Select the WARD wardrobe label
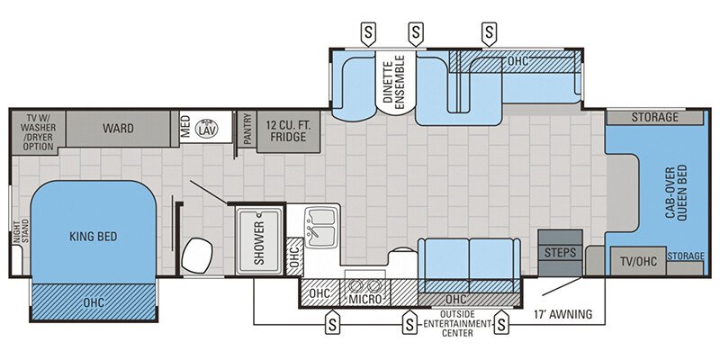click(117, 129)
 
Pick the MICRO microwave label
click(365, 298)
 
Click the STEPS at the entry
click(560, 253)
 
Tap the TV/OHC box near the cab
click(636, 261)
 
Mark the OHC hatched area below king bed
click(94, 301)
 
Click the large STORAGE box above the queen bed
click(654, 117)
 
